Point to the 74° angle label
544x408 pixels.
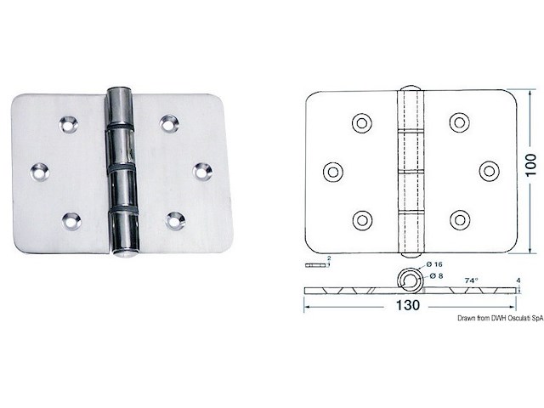click(472, 278)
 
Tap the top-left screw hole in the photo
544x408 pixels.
click(67, 125)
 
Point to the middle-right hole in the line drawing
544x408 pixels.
click(489, 171)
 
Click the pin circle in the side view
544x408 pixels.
click(412, 281)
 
